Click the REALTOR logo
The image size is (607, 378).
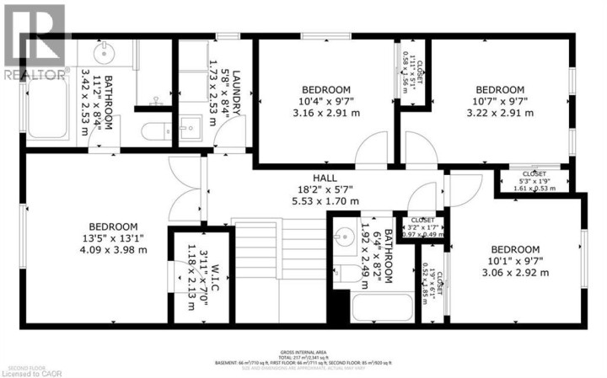coord(34,42)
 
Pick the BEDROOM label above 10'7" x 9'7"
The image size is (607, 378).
coord(500,90)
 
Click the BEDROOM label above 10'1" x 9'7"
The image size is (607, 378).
coord(514,249)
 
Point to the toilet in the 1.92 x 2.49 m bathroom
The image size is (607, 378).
coord(347,273)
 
